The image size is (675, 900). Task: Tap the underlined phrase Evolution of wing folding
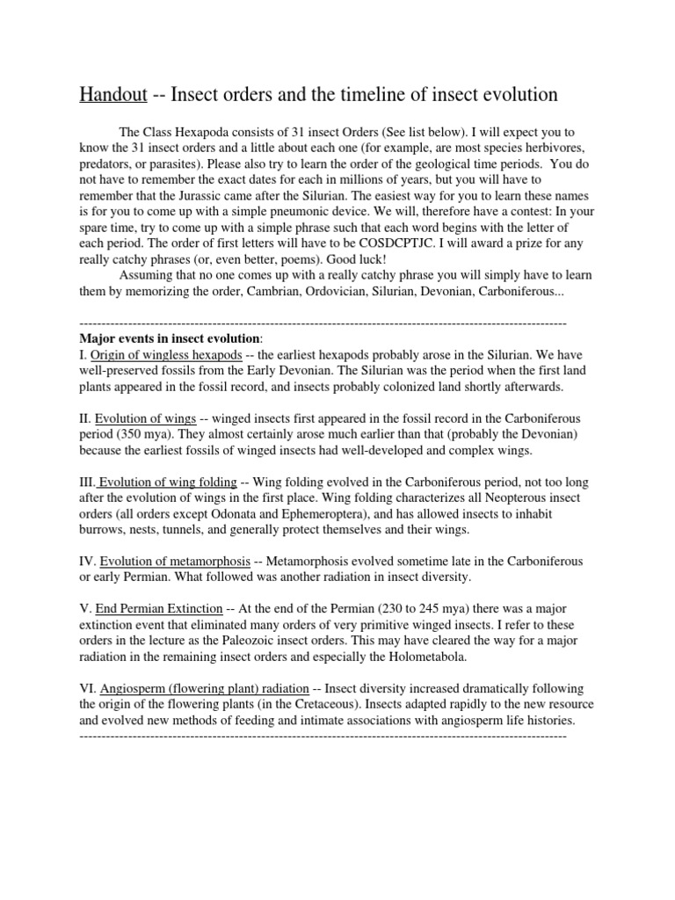tap(167, 482)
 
